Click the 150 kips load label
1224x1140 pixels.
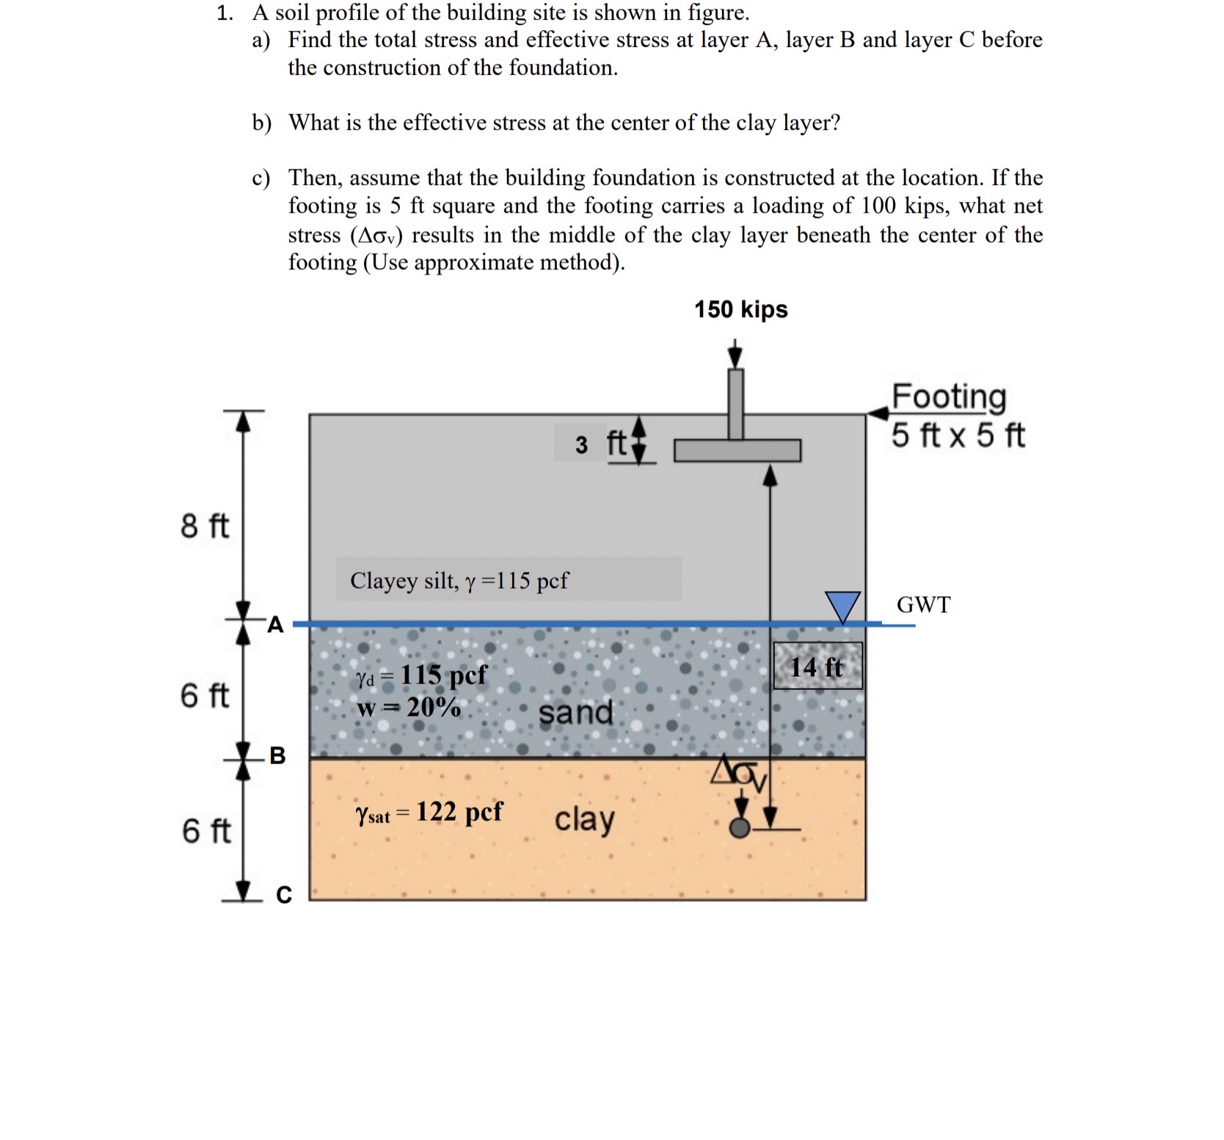coord(740,309)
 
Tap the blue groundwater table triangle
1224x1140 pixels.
coord(842,606)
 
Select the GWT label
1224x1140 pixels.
coord(923,605)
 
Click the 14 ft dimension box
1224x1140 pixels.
coord(817,667)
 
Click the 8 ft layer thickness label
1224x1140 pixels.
coord(205,526)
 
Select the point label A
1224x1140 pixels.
coord(275,625)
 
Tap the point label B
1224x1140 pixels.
coord(277,755)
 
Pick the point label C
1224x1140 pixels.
coord(284,894)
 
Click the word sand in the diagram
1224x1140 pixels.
coord(576,712)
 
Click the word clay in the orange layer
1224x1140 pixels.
coord(584,819)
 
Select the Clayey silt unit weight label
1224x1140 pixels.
coord(459,581)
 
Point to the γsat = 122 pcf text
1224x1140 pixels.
coord(429,813)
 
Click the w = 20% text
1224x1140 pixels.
coord(408,707)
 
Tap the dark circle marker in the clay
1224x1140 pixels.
coord(740,829)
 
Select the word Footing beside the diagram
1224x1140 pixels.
coord(949,396)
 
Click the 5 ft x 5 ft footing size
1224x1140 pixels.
coord(958,435)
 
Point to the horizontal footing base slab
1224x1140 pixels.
coord(737,451)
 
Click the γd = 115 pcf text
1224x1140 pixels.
coord(421,675)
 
